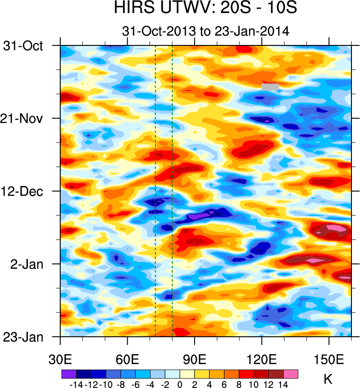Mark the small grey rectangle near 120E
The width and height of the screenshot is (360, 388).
(270, 87)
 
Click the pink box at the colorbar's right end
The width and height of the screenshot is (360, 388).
(291, 374)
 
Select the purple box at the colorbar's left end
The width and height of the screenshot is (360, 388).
(69, 374)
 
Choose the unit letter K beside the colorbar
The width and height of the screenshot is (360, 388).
(329, 379)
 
